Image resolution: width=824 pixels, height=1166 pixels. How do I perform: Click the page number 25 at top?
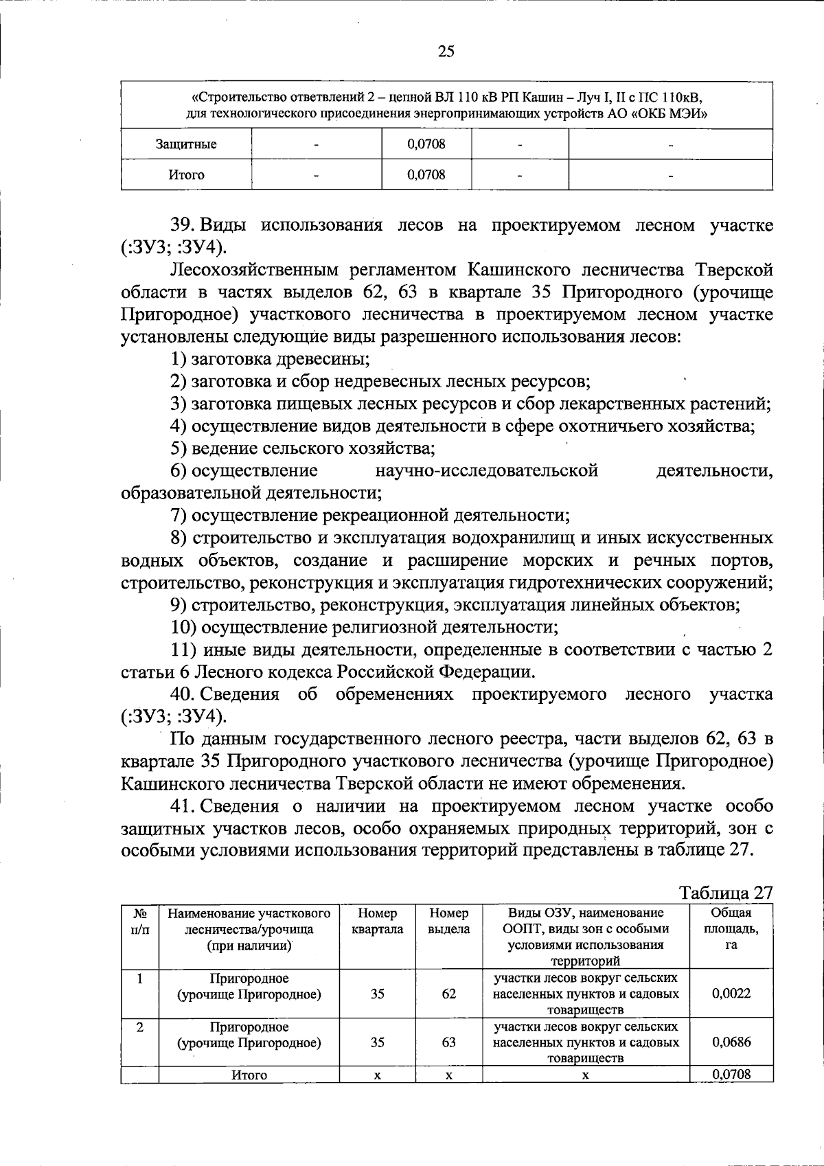[446, 52]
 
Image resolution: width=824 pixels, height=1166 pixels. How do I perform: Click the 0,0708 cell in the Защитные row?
[426, 144]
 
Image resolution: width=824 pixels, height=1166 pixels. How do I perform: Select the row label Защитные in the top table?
[186, 144]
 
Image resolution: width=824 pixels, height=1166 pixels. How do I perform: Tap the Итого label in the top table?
[186, 175]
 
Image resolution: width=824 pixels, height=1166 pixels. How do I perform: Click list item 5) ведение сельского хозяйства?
[303, 448]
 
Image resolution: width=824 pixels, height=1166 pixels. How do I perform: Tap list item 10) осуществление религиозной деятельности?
[364, 627]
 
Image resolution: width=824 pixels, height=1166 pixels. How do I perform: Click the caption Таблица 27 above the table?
[726, 893]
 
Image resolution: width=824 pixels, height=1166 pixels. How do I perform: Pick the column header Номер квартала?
[377, 921]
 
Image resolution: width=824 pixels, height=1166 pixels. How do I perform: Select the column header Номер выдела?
[448, 921]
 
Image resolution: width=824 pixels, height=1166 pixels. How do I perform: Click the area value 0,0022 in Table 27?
[731, 993]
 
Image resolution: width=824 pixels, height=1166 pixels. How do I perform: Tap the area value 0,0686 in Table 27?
[731, 1042]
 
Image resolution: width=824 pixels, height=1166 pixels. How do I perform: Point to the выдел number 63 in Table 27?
[448, 1042]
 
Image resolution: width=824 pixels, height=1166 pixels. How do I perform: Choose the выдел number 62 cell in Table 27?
[448, 993]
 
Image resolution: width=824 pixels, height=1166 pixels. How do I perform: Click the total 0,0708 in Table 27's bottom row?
[731, 1074]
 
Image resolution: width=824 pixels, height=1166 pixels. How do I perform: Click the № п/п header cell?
[139, 921]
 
